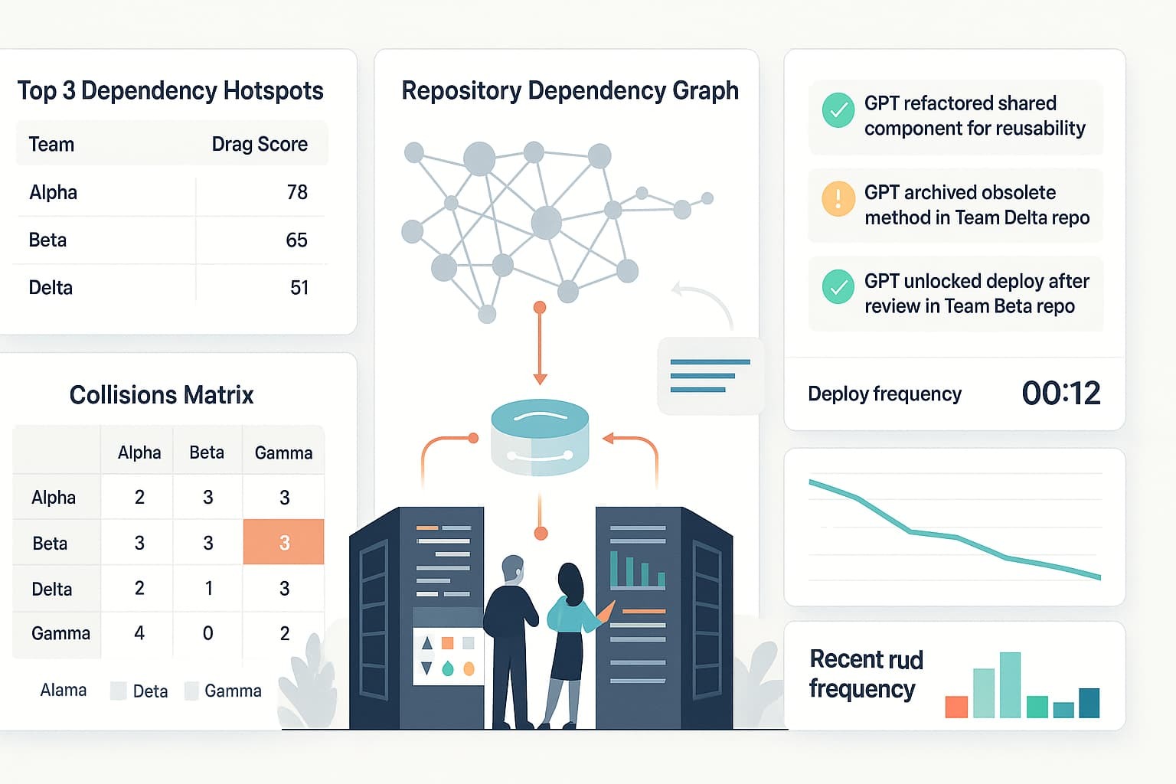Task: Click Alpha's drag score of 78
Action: (297, 192)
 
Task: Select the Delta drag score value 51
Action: (299, 288)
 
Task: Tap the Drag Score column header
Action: (260, 145)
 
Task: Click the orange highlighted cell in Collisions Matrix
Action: (283, 542)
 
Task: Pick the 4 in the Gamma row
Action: (139, 632)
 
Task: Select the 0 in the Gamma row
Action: (208, 633)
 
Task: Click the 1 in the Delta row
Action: (208, 588)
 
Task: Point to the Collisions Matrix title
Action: (162, 395)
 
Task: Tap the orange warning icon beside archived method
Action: (838, 199)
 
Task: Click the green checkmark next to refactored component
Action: (838, 109)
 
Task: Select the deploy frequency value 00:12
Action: (1061, 393)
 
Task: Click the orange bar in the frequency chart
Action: (956, 707)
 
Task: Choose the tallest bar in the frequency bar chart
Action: (1010, 684)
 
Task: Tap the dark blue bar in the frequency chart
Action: (1089, 703)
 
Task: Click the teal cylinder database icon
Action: (540, 437)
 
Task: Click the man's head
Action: (513, 569)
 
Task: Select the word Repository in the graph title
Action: (462, 91)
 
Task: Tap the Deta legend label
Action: (150, 691)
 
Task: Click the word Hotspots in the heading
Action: (273, 91)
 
